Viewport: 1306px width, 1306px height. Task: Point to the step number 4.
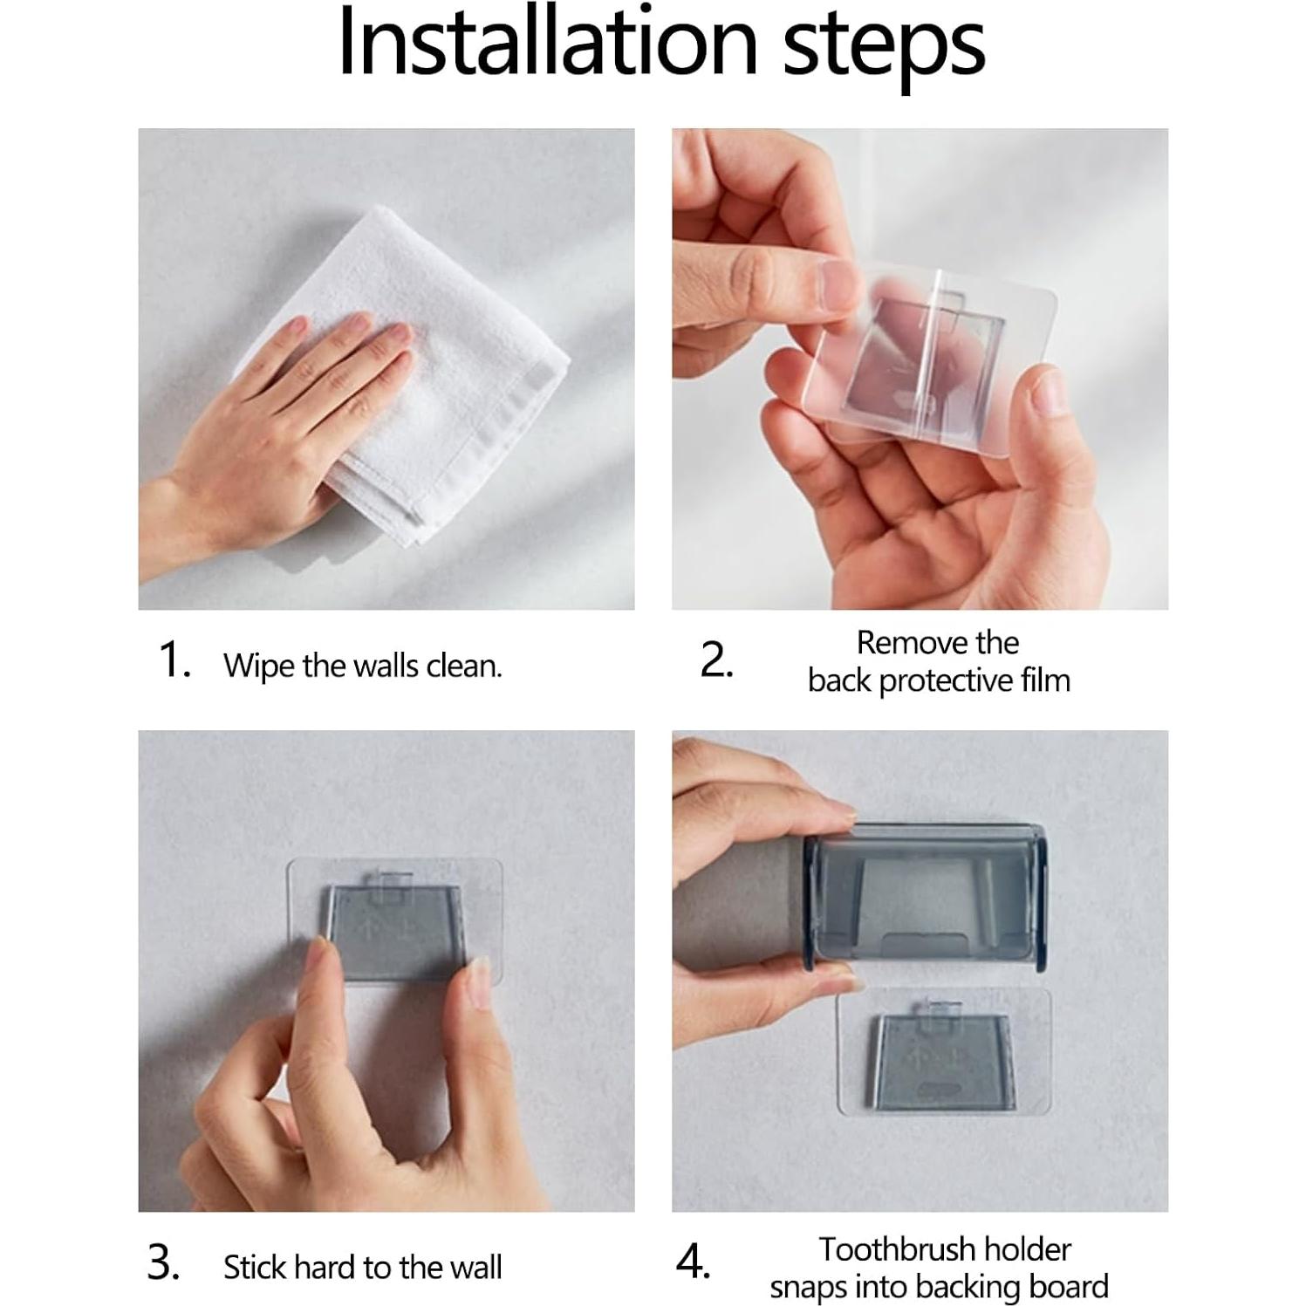(x=694, y=1262)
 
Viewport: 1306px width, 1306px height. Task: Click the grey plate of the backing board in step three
(x=394, y=932)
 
